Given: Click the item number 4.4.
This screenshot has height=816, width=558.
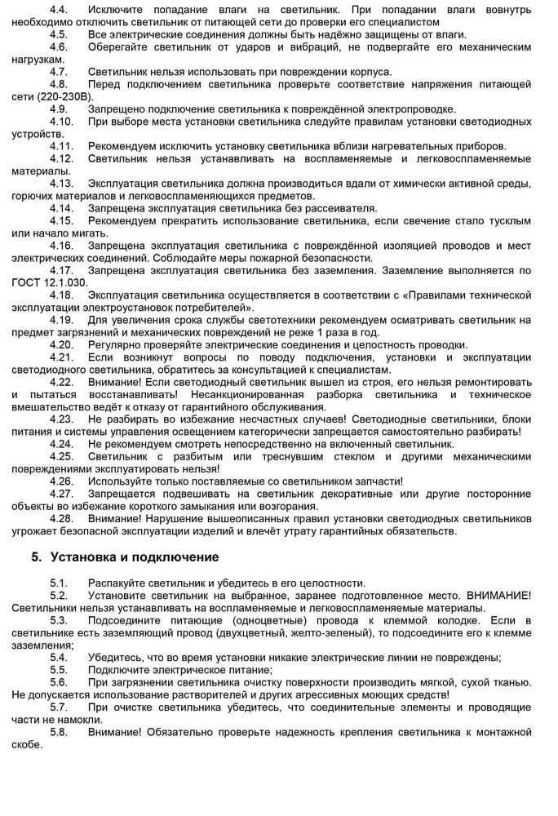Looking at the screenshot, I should (60, 9).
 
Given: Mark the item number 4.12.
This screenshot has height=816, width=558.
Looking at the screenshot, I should (62, 157).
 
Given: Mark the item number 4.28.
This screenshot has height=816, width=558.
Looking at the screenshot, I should (62, 518).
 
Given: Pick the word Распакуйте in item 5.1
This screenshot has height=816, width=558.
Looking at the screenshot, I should (122, 583).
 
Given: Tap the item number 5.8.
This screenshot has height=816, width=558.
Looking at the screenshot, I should (60, 732).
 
